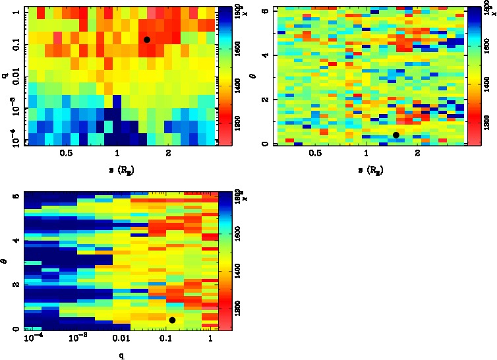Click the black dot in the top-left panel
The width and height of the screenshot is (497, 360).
tap(147, 40)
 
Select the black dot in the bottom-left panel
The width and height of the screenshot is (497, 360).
tap(172, 320)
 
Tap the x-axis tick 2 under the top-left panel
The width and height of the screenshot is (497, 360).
tap(169, 154)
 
